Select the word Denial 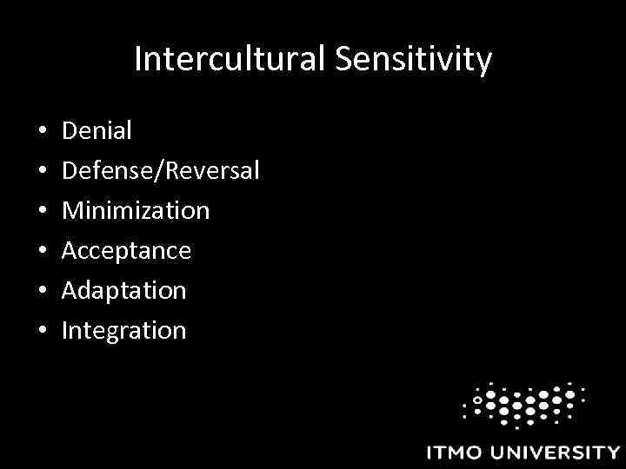coord(97,131)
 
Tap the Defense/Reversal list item coord(160,171)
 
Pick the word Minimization coord(135,211)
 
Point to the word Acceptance coord(125,251)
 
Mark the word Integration coord(123,331)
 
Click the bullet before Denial coord(42,133)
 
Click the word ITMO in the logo coord(457,452)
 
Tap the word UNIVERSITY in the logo coord(556,452)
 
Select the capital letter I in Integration coord(64,331)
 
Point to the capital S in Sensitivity coord(340,60)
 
